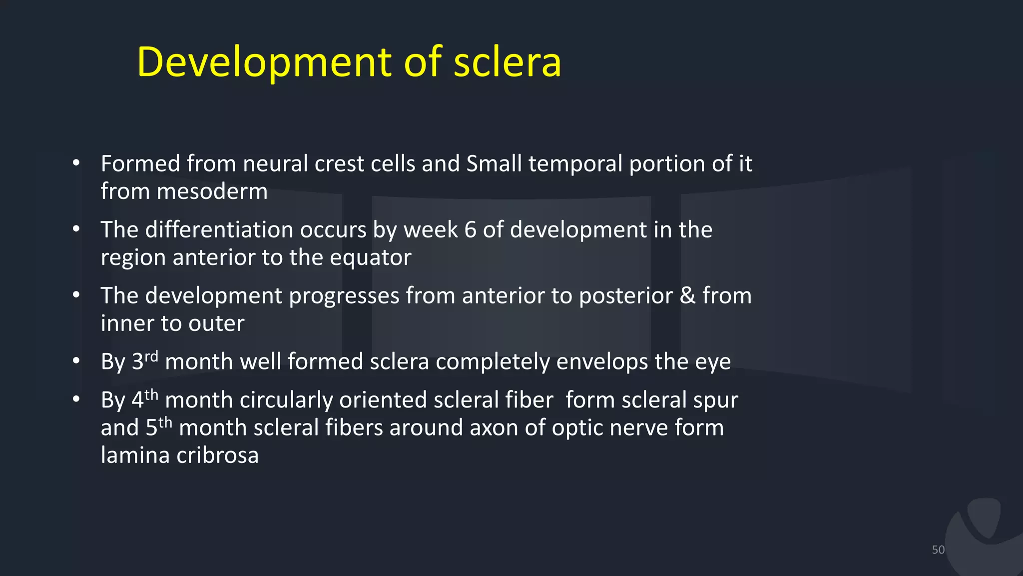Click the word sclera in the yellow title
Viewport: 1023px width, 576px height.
508,62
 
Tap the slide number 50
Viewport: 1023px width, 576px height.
938,549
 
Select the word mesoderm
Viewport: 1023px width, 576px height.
212,191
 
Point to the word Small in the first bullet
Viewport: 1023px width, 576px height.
494,164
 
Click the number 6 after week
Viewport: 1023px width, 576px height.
470,230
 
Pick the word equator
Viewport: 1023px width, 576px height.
370,257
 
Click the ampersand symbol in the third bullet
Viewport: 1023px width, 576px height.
687,295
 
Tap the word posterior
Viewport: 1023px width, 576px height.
626,296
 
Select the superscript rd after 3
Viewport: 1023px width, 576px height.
151,356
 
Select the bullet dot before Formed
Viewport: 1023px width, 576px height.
76,162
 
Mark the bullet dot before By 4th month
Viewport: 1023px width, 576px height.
76,399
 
